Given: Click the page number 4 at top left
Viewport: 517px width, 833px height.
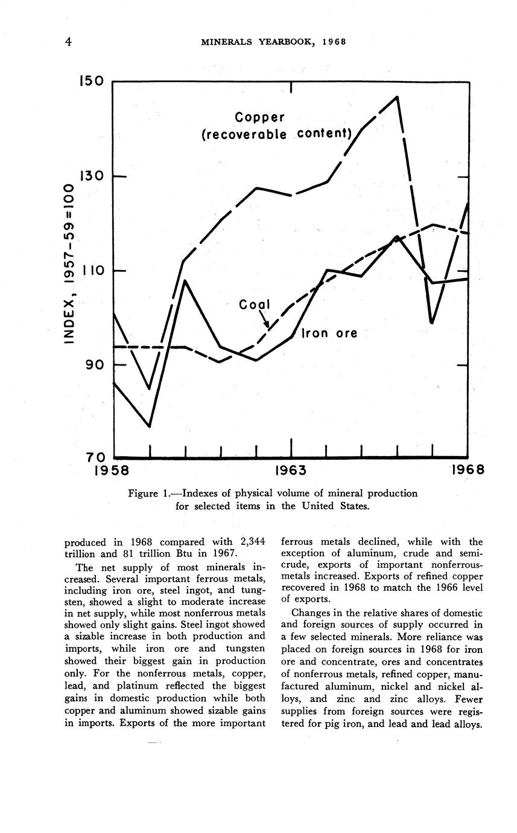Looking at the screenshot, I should tap(69, 42).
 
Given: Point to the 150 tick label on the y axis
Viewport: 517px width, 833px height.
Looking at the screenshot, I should tap(91, 82).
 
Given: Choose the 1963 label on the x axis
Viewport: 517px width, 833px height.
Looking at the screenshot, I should tap(291, 470).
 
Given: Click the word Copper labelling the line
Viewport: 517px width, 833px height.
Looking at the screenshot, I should tap(259, 117).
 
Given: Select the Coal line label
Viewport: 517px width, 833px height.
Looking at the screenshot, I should tap(254, 305).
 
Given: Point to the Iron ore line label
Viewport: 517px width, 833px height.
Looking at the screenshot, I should tap(329, 333).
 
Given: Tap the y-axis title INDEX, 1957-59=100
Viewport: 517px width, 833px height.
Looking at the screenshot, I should tap(70, 265).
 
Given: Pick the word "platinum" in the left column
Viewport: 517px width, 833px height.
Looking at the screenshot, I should tap(162, 686).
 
